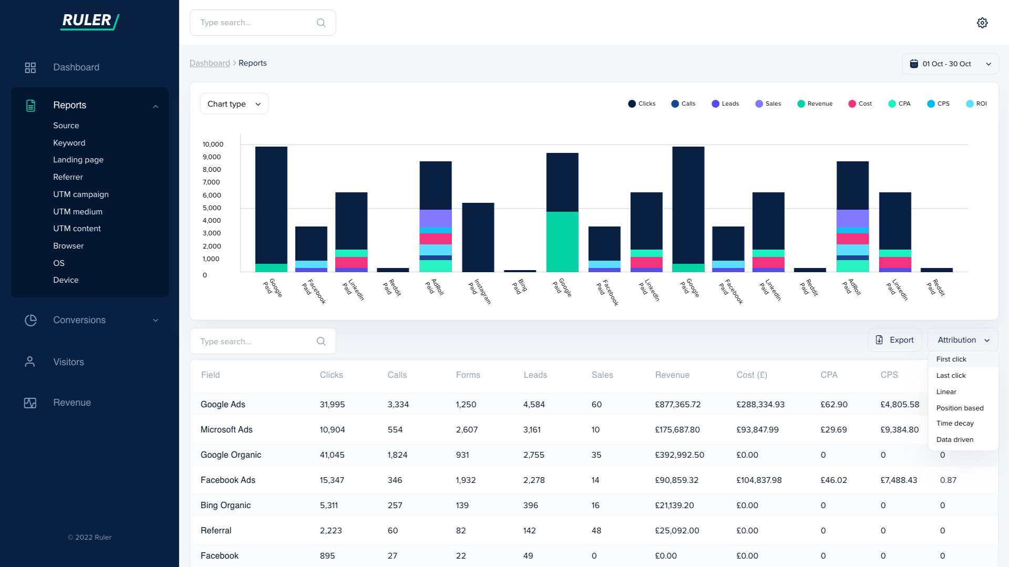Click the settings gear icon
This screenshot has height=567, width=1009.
point(982,23)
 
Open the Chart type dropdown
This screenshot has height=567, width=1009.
point(234,104)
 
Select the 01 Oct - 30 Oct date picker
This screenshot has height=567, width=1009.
point(950,64)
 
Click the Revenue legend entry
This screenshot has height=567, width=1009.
point(815,104)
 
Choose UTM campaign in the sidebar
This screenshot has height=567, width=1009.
point(80,194)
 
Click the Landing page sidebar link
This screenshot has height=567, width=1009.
point(78,160)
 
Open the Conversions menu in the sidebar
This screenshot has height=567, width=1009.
point(79,320)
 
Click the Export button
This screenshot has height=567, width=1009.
point(894,340)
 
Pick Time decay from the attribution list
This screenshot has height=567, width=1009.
point(954,424)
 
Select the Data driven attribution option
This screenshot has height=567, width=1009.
point(954,440)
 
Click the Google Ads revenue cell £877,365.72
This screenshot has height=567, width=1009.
point(677,405)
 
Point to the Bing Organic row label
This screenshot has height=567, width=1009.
point(225,506)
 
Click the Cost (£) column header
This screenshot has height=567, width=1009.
point(751,375)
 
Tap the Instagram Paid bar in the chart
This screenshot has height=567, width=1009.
point(478,238)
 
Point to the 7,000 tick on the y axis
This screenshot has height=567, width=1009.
point(211,182)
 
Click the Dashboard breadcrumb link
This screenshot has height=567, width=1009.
point(209,63)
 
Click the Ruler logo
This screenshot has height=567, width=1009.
point(89,21)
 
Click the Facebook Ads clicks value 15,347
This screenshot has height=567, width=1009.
point(332,480)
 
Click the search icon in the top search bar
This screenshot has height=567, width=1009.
point(321,23)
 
